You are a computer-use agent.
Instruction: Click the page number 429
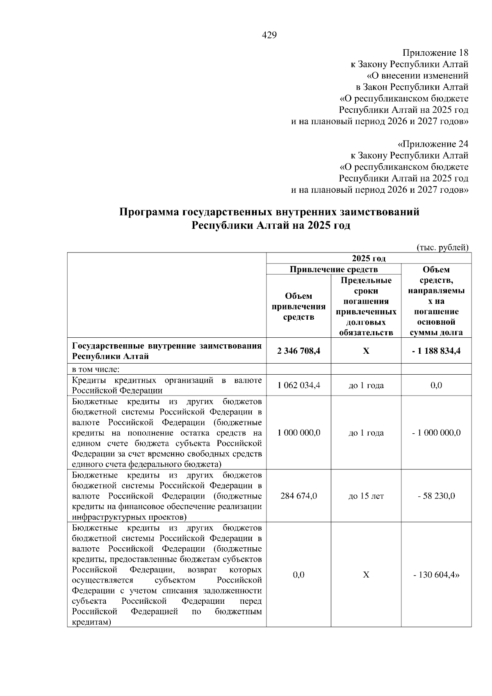[269, 35]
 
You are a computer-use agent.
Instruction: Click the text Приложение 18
[435, 53]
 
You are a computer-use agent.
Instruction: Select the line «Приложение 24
[433, 144]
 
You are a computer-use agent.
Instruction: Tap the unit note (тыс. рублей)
[442, 247]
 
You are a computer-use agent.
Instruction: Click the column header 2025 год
[369, 258]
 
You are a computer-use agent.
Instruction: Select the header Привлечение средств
[333, 269]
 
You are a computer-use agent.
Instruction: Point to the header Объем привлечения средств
[298, 307]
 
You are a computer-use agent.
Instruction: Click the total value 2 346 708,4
[298, 351]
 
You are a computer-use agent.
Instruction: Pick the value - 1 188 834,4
[436, 351]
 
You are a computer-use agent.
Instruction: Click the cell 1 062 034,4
[298, 385]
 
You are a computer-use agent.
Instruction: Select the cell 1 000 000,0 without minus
[298, 433]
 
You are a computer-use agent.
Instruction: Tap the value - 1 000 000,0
[436, 433]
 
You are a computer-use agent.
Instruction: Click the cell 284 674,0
[298, 496]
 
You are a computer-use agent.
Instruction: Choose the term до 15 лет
[366, 496]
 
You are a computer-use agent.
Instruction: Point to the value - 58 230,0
[436, 496]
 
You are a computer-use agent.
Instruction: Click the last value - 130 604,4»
[436, 575]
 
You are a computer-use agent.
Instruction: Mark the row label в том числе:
[96, 369]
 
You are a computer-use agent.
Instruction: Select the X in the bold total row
[366, 351]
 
